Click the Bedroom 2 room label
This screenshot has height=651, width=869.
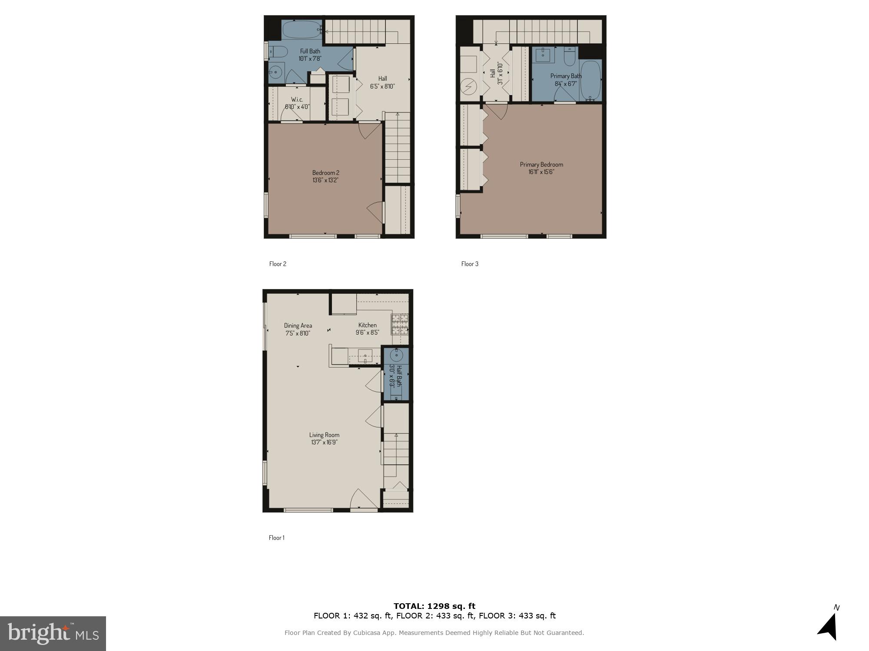pyautogui.click(x=325, y=173)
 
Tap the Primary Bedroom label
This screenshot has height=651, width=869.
pyautogui.click(x=541, y=164)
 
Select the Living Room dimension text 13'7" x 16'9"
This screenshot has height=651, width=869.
pyautogui.click(x=324, y=442)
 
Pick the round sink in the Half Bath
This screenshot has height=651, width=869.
pyautogui.click(x=396, y=355)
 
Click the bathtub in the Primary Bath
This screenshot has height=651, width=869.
pyautogui.click(x=590, y=80)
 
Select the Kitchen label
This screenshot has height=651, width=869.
pyautogui.click(x=367, y=325)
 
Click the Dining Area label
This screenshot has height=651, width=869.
pyautogui.click(x=298, y=325)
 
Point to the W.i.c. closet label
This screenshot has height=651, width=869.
pyautogui.click(x=297, y=99)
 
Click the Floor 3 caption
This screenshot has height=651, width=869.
pyautogui.click(x=470, y=264)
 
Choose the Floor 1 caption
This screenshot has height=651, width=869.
pyautogui.click(x=276, y=538)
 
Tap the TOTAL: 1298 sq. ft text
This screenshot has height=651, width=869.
pyautogui.click(x=434, y=606)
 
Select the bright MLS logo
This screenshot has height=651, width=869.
pyautogui.click(x=53, y=633)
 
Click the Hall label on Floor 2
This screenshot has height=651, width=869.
pyautogui.click(x=382, y=79)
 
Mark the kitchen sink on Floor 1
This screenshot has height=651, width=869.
pyautogui.click(x=365, y=356)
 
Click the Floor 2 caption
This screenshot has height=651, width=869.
pyautogui.click(x=278, y=264)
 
